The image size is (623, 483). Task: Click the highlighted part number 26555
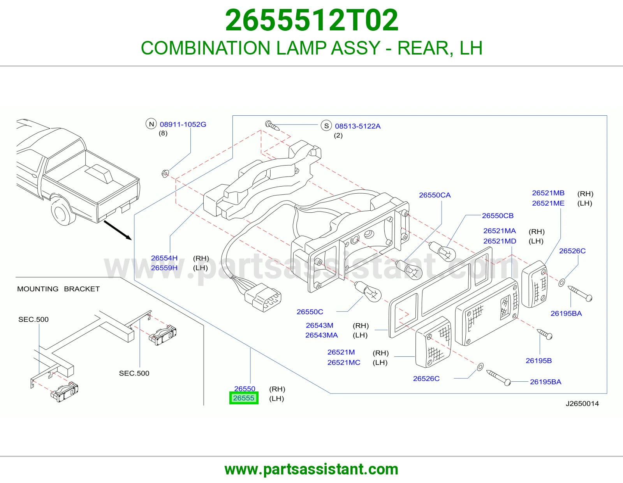pyautogui.click(x=244, y=398)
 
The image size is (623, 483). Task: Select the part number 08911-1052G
pyautogui.click(x=183, y=124)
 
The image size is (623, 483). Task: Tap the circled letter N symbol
pyautogui.click(x=151, y=124)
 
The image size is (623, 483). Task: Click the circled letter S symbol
pyautogui.click(x=326, y=126)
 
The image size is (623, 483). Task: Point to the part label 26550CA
pyautogui.click(x=435, y=195)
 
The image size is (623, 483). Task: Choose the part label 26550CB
pyautogui.click(x=498, y=216)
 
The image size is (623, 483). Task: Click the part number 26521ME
pyautogui.click(x=548, y=203)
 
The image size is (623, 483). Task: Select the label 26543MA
pyautogui.click(x=321, y=335)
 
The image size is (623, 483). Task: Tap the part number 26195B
pyautogui.click(x=539, y=361)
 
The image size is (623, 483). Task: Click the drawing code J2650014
pyautogui.click(x=582, y=404)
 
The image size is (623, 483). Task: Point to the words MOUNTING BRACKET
pyautogui.click(x=58, y=289)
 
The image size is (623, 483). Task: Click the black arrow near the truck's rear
pyautogui.click(x=118, y=230)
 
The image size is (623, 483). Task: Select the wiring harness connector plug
pyautogui.click(x=262, y=297)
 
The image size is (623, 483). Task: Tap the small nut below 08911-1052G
pyautogui.click(x=165, y=173)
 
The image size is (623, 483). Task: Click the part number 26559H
pyautogui.click(x=164, y=268)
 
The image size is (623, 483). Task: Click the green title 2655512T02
pyautogui.click(x=311, y=20)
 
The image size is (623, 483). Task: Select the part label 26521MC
pyautogui.click(x=344, y=363)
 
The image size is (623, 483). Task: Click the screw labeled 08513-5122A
pyautogui.click(x=272, y=125)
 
